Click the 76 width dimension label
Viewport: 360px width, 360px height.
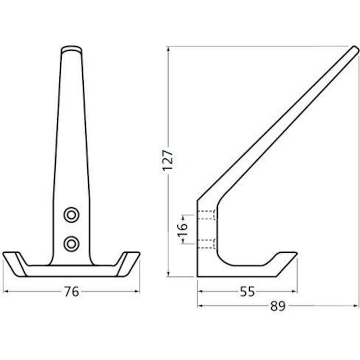(x=72, y=292)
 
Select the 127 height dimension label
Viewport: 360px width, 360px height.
(x=167, y=160)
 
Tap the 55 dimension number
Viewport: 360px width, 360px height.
(x=247, y=292)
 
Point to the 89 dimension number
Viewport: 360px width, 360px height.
(x=278, y=306)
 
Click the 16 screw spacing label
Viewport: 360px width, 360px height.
(x=183, y=229)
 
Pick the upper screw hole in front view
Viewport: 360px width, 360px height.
(x=72, y=215)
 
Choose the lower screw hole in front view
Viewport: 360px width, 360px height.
(x=72, y=243)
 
